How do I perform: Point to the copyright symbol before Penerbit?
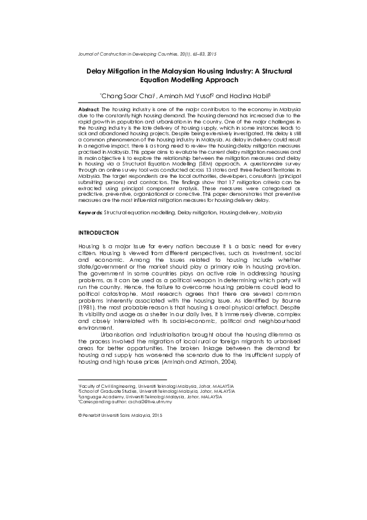[80, 416]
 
